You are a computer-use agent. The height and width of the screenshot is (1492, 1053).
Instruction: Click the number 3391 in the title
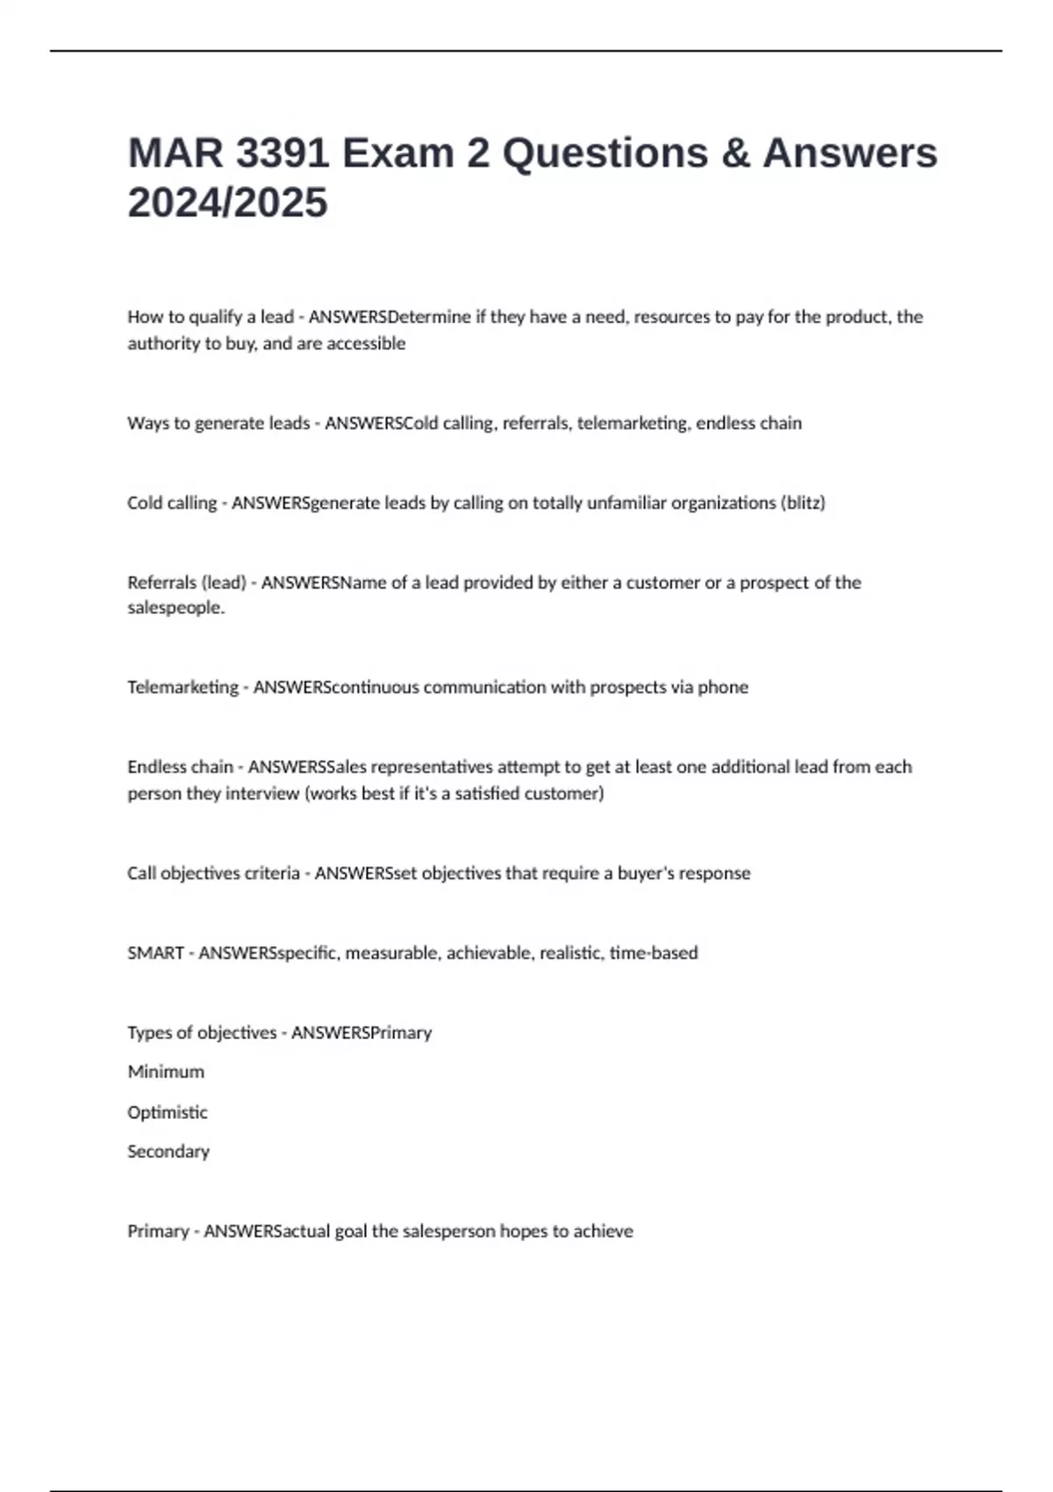[x=283, y=154]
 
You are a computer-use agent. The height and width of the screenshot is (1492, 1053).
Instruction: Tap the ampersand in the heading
[x=735, y=154]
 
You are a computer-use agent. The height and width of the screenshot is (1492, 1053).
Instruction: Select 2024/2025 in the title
[x=227, y=203]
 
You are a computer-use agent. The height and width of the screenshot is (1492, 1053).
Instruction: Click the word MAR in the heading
[x=175, y=154]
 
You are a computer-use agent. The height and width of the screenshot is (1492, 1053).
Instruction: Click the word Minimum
[x=166, y=1072]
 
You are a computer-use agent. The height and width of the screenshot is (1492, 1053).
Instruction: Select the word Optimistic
[x=168, y=1112]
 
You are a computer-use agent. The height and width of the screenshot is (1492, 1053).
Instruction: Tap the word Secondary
[x=168, y=1151]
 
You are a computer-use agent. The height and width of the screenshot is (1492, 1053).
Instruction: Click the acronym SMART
[x=155, y=953]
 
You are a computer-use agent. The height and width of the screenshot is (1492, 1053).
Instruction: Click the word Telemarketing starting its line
[x=183, y=687]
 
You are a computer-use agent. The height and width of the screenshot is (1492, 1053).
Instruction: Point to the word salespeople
[x=175, y=607]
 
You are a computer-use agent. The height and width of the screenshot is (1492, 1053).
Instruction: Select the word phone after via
[x=723, y=687]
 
